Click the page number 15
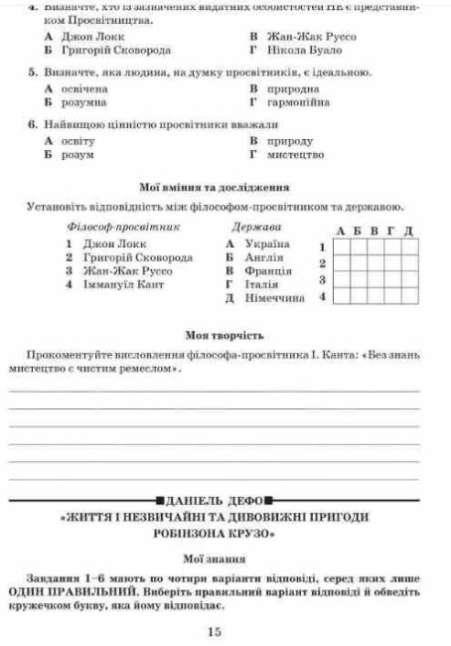click(215, 631)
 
